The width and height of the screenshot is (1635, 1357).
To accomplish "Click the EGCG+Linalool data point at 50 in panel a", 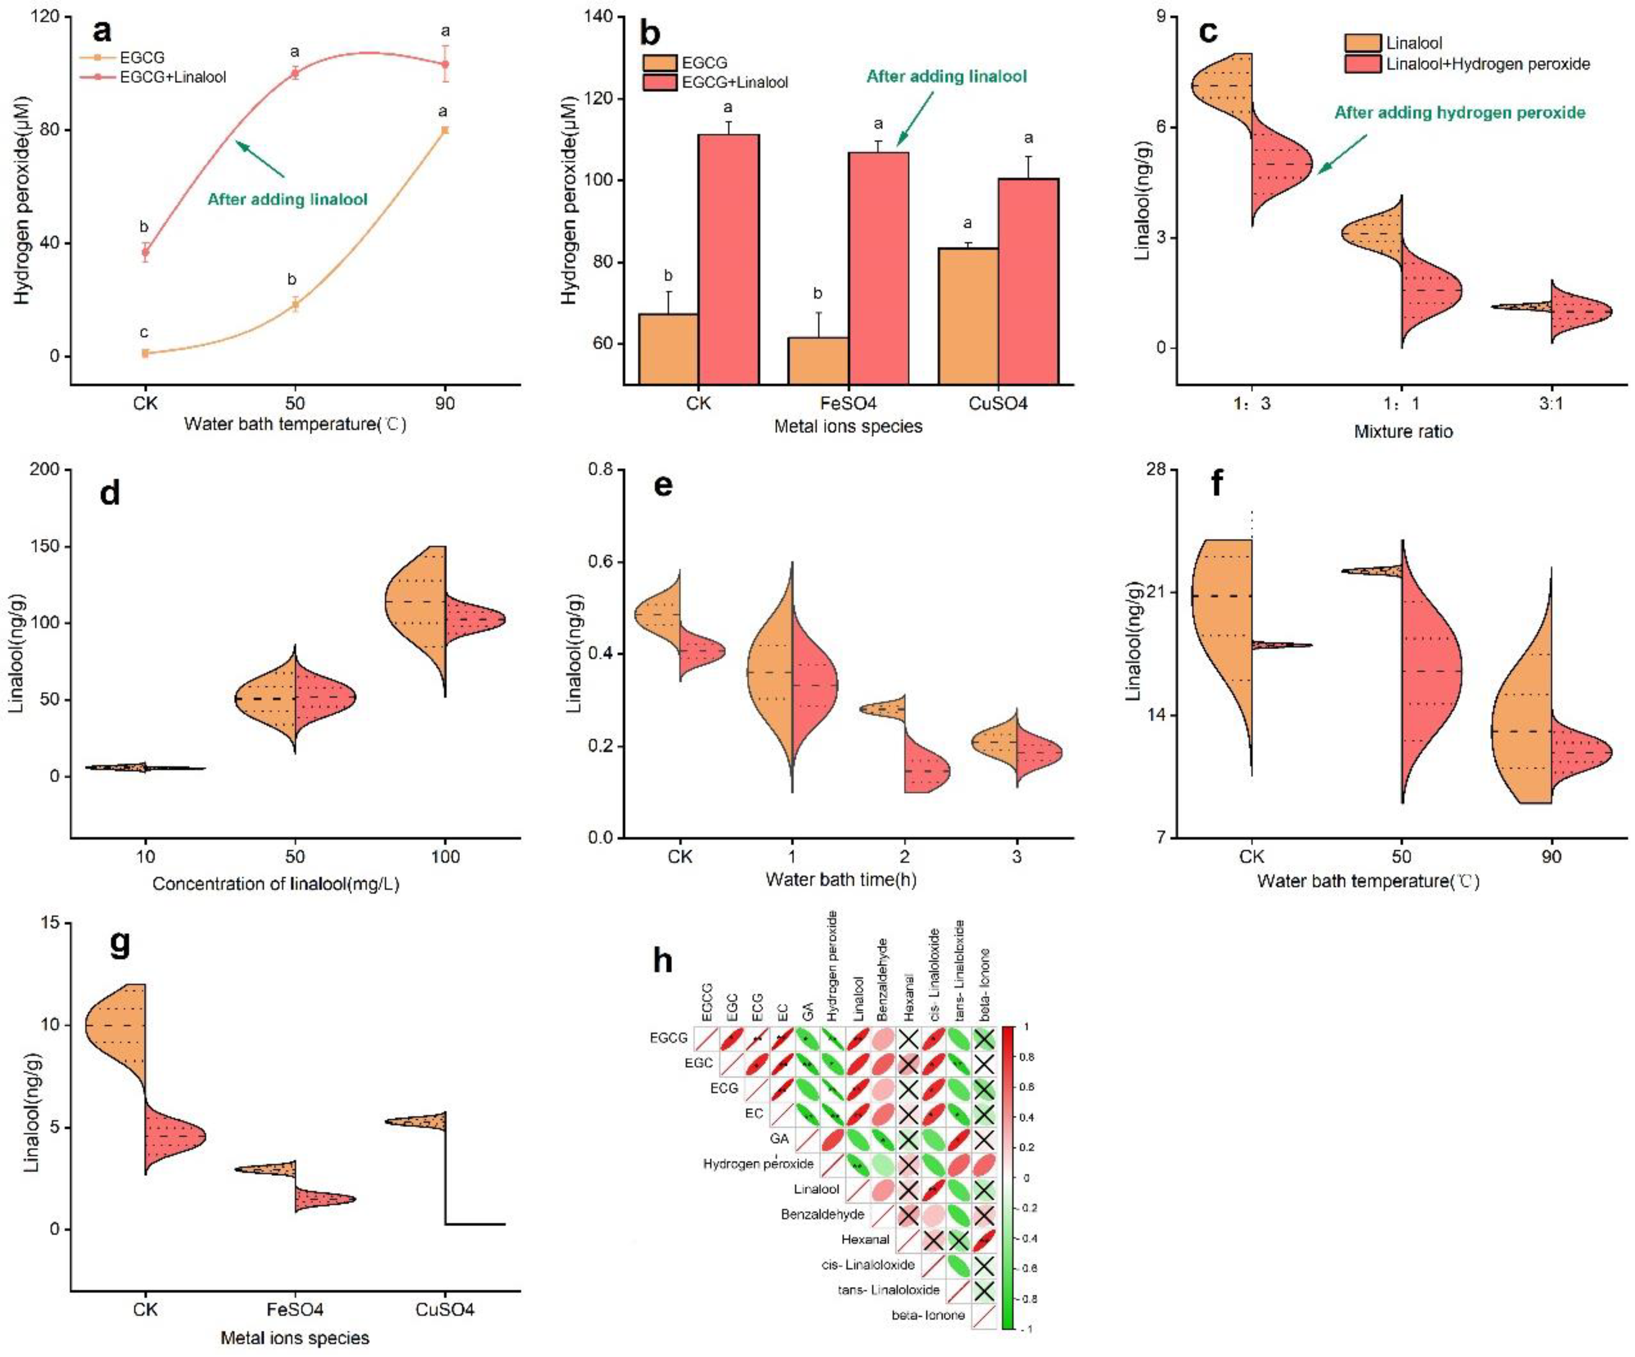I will tap(294, 73).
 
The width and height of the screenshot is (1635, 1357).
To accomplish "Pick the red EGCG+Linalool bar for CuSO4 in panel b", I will tap(1028, 280).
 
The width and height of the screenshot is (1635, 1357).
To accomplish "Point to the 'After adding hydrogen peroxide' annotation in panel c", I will tap(1460, 113).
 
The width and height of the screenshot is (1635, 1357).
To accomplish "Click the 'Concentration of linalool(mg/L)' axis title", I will tap(276, 883).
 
